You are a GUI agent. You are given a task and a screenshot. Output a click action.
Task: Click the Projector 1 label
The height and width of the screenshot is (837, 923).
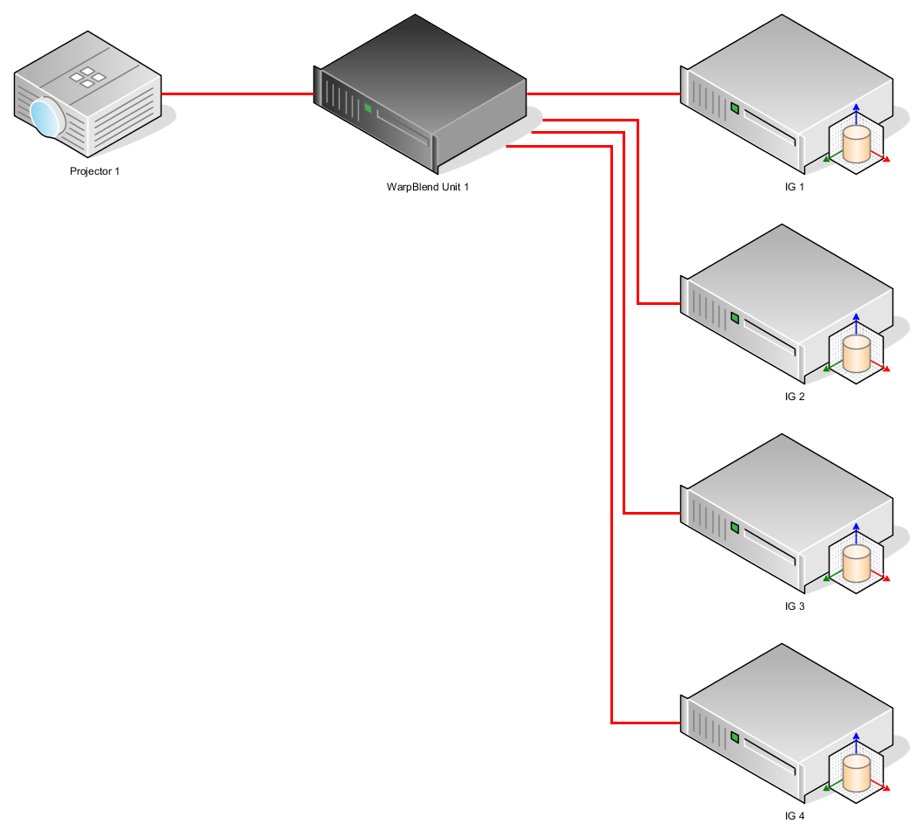(94, 171)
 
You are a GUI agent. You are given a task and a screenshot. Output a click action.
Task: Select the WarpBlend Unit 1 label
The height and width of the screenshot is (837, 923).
(428, 186)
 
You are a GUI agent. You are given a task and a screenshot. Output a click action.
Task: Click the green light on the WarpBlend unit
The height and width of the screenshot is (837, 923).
(368, 108)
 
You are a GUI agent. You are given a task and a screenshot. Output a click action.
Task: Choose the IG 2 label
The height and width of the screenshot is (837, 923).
(794, 397)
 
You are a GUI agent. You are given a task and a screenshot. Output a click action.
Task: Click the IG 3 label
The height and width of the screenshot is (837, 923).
(794, 606)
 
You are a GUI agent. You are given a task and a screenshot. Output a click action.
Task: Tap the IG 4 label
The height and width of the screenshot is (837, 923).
(794, 816)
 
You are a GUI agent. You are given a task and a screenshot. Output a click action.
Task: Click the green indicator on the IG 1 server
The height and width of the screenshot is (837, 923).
(734, 109)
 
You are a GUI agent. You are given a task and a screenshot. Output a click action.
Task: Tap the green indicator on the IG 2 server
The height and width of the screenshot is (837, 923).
(734, 319)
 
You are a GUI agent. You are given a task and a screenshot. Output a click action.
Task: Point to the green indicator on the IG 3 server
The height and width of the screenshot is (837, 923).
(734, 529)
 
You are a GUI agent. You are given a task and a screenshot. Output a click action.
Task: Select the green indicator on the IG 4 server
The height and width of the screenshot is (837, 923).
(734, 738)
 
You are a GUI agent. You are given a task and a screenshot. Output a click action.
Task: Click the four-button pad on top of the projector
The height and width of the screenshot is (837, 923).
(87, 77)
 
